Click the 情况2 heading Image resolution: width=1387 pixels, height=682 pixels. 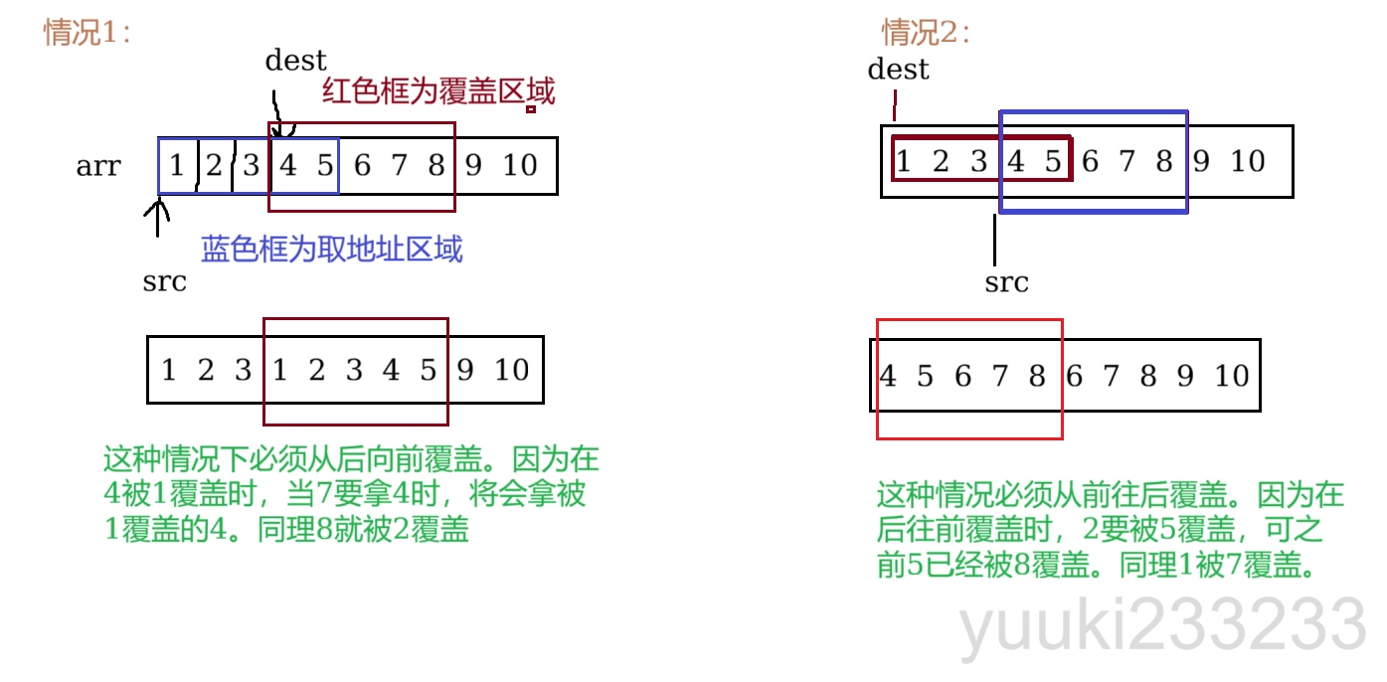click(x=925, y=33)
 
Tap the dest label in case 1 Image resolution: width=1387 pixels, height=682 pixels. click(x=295, y=61)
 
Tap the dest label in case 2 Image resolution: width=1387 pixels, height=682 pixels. click(x=898, y=70)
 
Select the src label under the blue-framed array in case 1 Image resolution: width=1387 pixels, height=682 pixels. click(x=164, y=282)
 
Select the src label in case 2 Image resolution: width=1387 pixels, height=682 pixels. click(x=1006, y=283)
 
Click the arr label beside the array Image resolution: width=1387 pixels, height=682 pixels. click(x=98, y=166)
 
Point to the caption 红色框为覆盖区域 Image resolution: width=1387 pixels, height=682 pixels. click(x=438, y=92)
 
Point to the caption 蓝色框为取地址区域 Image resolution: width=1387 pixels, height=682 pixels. click(x=332, y=249)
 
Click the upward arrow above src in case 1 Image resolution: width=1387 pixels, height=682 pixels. click(x=157, y=217)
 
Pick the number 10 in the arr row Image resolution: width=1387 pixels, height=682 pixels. click(x=519, y=165)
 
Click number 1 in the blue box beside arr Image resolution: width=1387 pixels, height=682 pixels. click(x=177, y=165)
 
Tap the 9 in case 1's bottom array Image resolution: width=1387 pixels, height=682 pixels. click(x=465, y=371)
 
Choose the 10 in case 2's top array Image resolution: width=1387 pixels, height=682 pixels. click(x=1247, y=161)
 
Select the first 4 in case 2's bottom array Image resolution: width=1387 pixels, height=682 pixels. click(x=888, y=376)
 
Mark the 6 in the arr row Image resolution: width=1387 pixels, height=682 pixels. click(x=362, y=165)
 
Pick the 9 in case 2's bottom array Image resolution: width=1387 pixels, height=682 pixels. click(x=1185, y=376)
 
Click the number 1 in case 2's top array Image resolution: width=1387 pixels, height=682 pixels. click(x=903, y=161)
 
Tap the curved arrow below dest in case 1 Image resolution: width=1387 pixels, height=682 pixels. click(x=277, y=114)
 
